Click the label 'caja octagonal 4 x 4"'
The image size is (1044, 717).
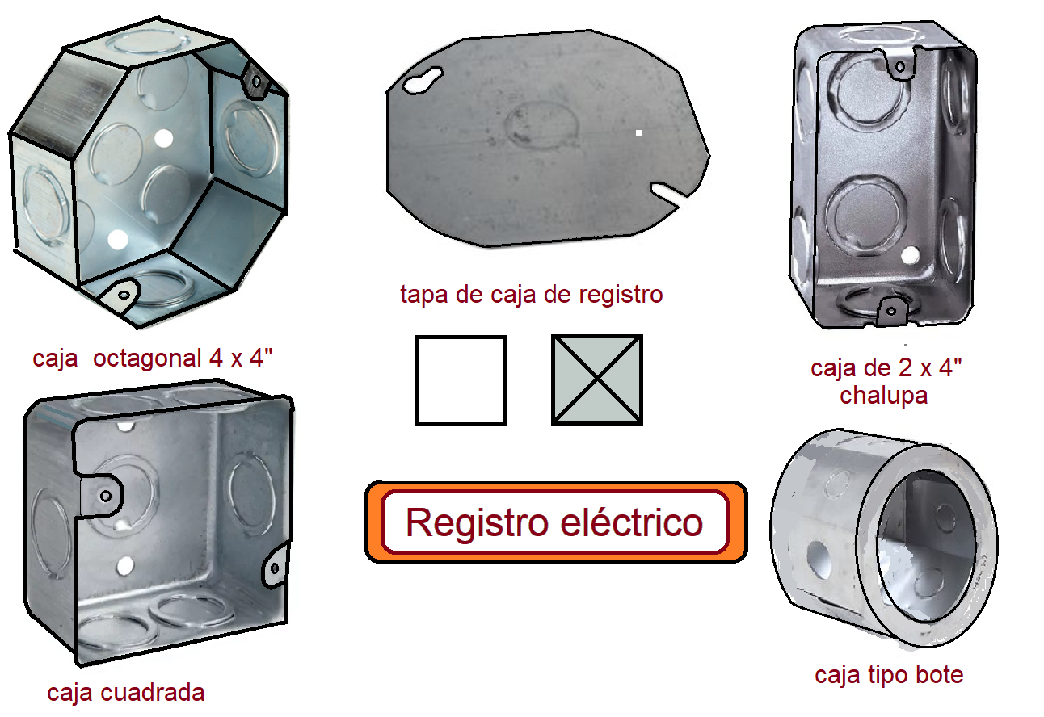tap(154, 358)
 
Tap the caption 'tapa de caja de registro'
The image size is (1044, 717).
tap(531, 294)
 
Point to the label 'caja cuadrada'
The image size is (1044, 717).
tap(125, 692)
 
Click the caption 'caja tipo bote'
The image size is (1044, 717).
tap(889, 674)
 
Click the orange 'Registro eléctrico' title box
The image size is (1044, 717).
tap(555, 522)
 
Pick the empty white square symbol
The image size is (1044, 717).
tap(460, 380)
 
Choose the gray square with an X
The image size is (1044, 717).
tap(597, 380)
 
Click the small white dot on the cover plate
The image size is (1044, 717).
tap(638, 133)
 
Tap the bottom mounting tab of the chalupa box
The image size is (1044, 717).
tap(891, 308)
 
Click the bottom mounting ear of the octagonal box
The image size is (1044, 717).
tap(123, 292)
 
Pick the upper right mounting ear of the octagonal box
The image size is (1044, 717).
tap(255, 82)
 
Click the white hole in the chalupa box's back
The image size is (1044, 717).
tap(910, 257)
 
